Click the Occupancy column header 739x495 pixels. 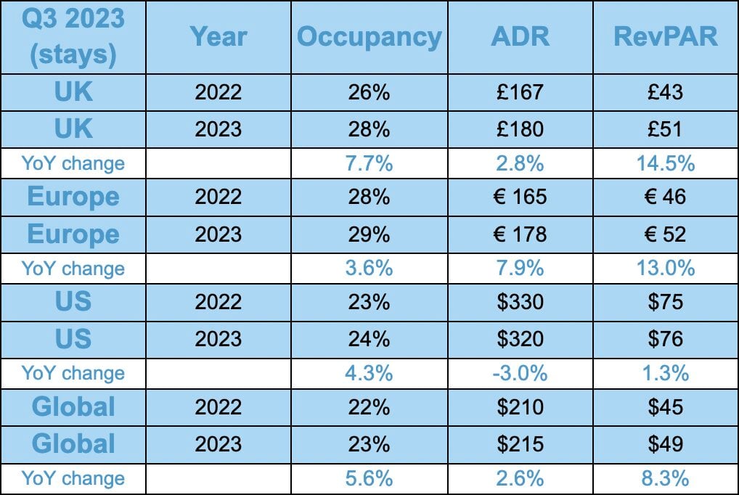point(369,37)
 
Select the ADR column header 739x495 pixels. point(520,37)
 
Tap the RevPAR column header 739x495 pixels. point(666,37)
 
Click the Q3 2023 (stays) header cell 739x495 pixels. point(73,37)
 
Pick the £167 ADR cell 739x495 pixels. point(520,92)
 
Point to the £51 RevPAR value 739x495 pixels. point(666,128)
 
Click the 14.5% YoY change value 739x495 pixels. point(666,163)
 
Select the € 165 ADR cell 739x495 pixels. point(520,197)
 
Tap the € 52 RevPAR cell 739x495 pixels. point(666,234)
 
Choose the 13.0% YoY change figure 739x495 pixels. point(666,268)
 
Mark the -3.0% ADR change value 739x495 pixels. point(520,373)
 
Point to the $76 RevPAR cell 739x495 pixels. point(666,338)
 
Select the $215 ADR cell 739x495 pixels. point(520,443)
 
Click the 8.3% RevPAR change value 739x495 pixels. point(666,478)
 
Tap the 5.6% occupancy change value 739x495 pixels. point(369,478)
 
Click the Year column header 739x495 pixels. point(218,37)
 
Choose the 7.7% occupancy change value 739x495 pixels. point(369,163)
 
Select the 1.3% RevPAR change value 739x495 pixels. point(666,373)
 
